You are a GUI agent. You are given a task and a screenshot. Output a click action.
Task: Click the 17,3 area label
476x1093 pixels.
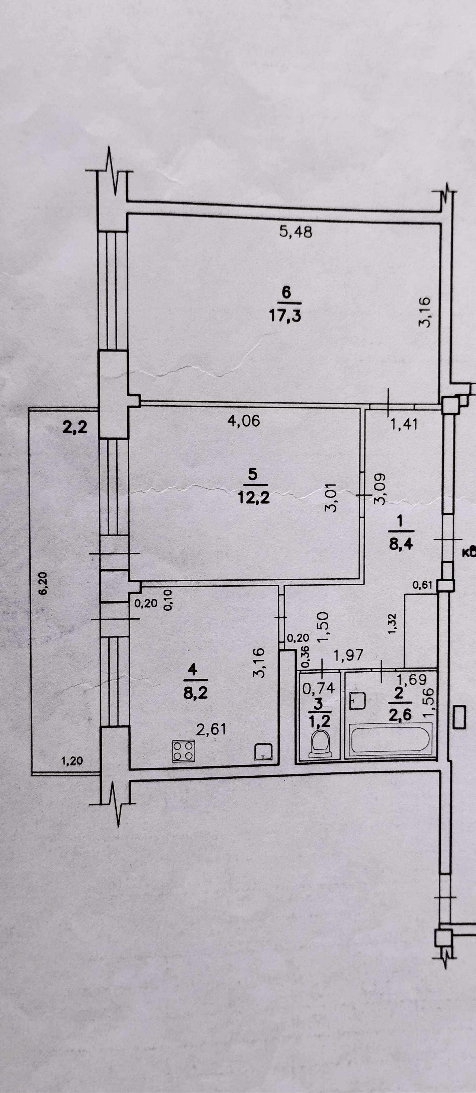pos(285,316)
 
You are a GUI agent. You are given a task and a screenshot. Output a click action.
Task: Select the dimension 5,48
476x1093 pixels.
pos(296,232)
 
